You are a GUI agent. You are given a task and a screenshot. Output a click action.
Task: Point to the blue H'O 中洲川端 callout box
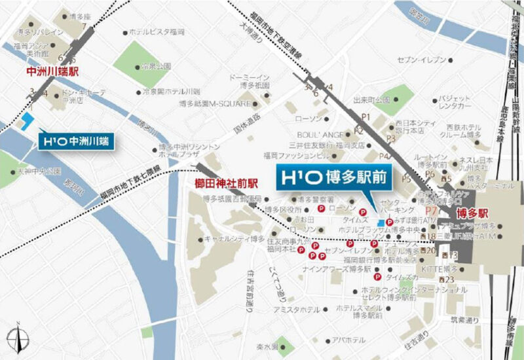[x=76, y=140]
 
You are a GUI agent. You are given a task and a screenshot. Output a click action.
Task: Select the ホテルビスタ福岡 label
[x=158, y=31]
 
